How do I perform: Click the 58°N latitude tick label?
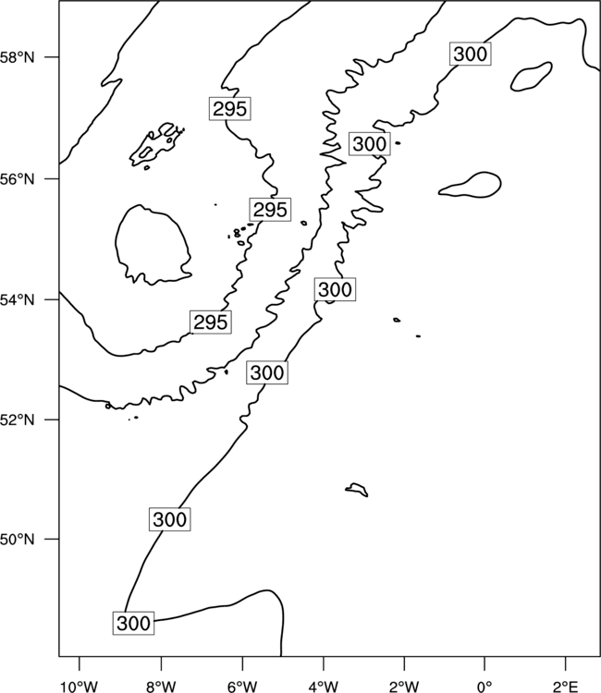(17, 57)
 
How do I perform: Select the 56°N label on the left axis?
(17, 179)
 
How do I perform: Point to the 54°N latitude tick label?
(17, 299)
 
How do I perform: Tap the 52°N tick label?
(17, 419)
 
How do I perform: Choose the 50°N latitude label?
(17, 540)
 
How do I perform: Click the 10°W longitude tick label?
(79, 687)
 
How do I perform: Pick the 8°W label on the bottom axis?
(161, 687)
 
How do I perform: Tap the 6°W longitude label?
(242, 687)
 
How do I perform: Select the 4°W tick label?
(324, 687)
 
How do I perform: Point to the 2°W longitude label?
(404, 687)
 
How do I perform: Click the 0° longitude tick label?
(484, 687)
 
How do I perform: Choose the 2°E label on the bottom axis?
(566, 687)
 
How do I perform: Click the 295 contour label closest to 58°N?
(229, 108)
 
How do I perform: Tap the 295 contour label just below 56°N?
(270, 210)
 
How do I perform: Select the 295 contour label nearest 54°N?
(211, 322)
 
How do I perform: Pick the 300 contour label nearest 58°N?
(470, 54)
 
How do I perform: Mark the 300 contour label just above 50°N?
(170, 519)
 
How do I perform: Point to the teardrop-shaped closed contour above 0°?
(470, 184)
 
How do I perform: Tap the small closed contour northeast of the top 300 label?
(531, 77)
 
